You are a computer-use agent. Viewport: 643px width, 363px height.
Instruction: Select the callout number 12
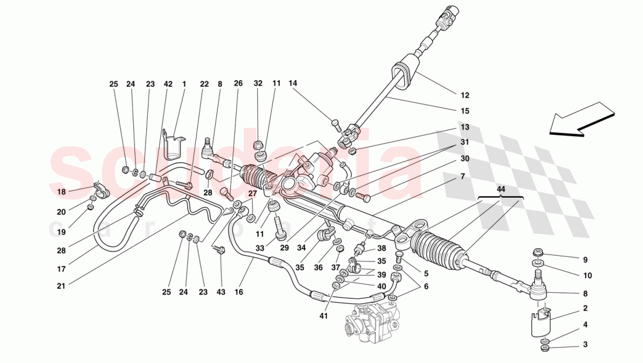tap(465, 95)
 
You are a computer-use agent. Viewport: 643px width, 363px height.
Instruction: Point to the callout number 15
tap(465, 111)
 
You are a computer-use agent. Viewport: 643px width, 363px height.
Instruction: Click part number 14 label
tap(293, 83)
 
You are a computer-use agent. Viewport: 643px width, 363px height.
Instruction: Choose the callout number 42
tap(168, 84)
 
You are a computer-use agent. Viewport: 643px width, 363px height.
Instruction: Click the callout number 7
tap(462, 176)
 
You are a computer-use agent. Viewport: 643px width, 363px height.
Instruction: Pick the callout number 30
tap(465, 158)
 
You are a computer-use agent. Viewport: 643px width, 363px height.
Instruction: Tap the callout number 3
tap(585, 344)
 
